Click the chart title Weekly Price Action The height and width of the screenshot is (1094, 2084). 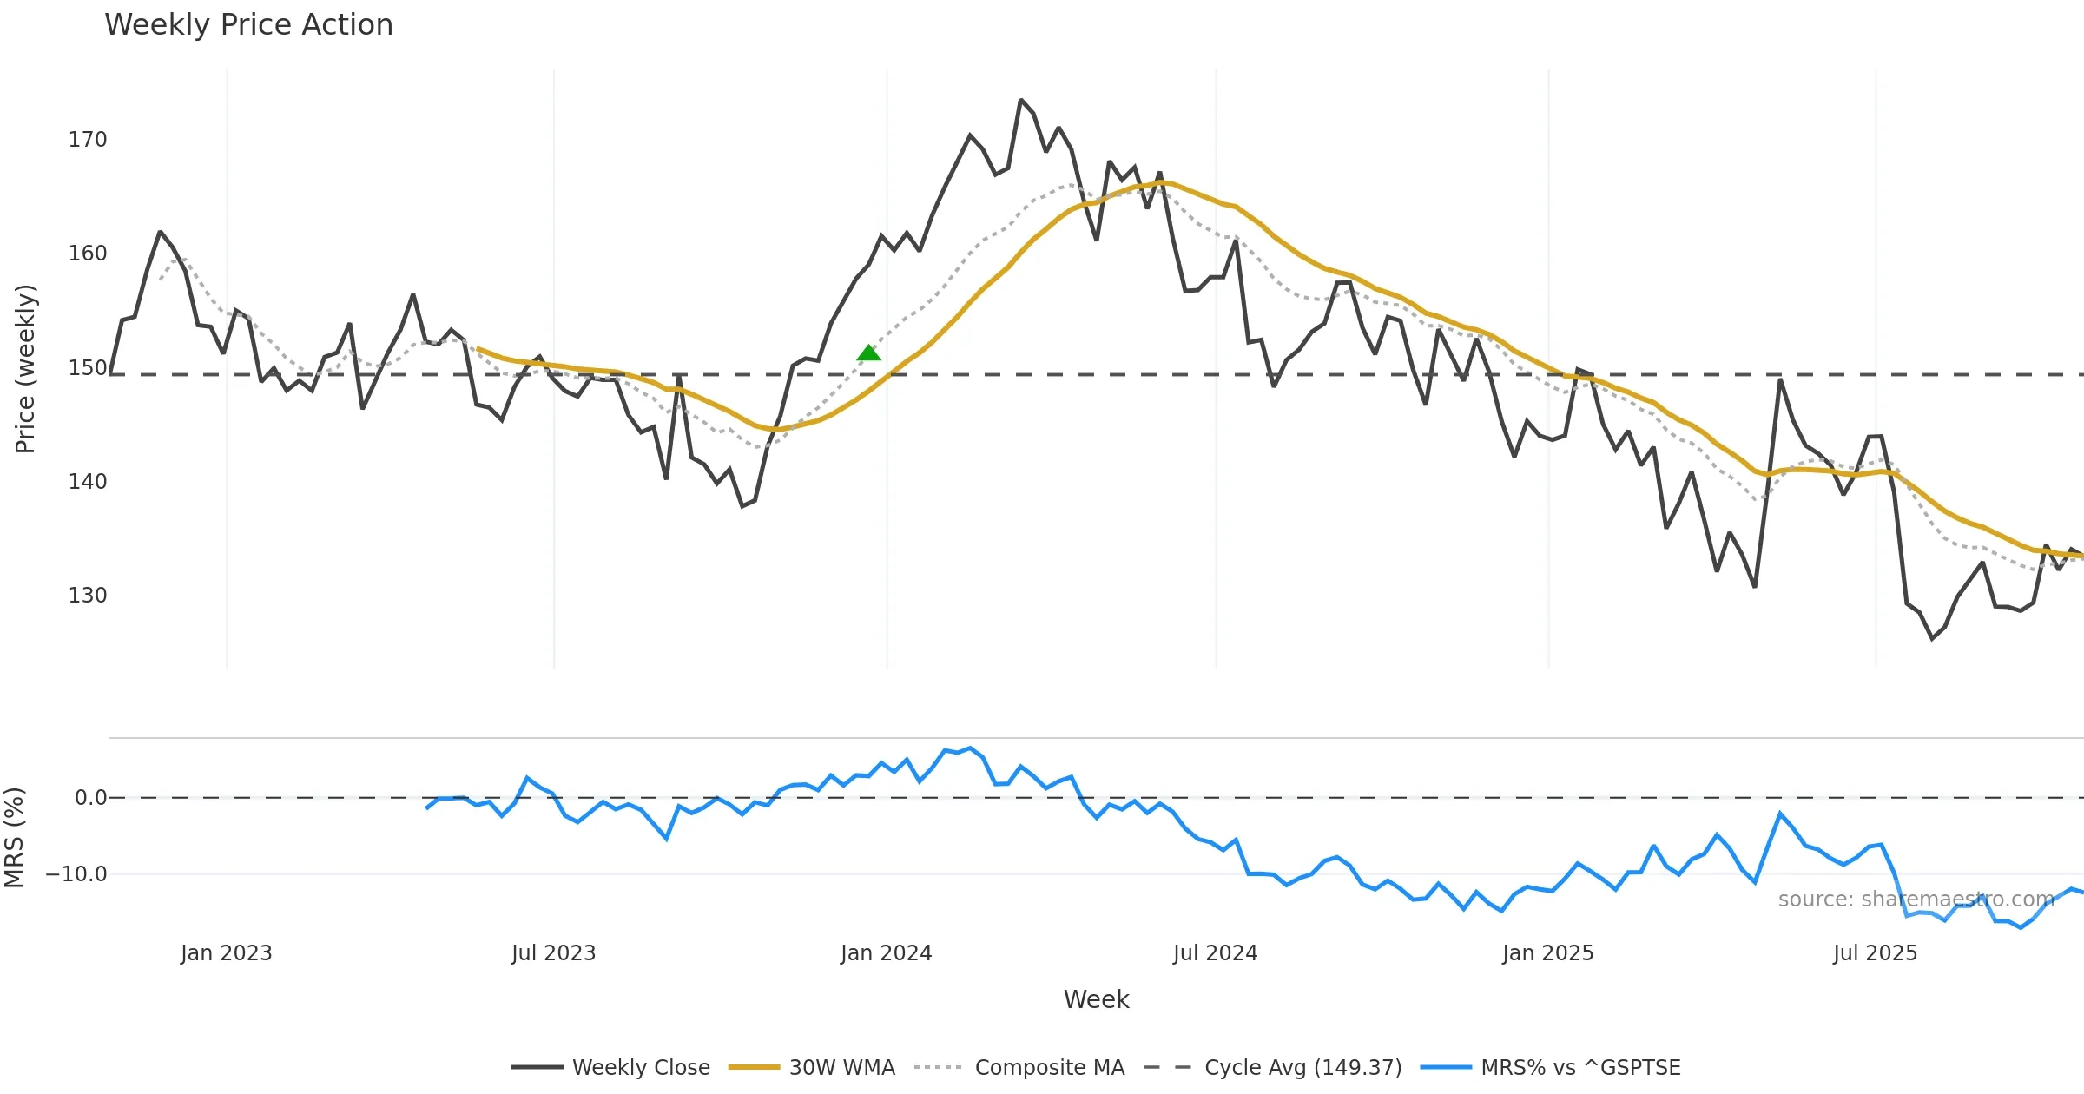pyautogui.click(x=248, y=25)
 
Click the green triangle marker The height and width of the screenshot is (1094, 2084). pyautogui.click(x=868, y=353)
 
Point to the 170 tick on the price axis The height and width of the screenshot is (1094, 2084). pyautogui.click(x=88, y=140)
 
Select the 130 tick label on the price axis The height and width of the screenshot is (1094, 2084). pyautogui.click(x=88, y=596)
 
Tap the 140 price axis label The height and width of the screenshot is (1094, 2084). pyautogui.click(x=88, y=482)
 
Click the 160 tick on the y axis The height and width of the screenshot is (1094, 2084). pyautogui.click(x=88, y=254)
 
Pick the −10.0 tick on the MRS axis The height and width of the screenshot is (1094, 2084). pyautogui.click(x=76, y=874)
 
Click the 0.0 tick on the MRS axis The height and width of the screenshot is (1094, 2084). pyautogui.click(x=90, y=798)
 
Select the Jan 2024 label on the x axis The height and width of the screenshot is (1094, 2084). pyautogui.click(x=886, y=953)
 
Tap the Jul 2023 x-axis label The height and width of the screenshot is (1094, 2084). pyautogui.click(x=554, y=953)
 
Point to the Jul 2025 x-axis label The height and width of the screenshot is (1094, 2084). pyautogui.click(x=1875, y=953)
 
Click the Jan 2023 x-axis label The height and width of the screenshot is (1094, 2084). pyautogui.click(x=227, y=953)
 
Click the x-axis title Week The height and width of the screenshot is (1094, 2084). pyautogui.click(x=1096, y=1000)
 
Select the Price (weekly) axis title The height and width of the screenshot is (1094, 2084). pyautogui.click(x=26, y=369)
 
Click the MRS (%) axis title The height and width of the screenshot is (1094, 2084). pyautogui.click(x=15, y=838)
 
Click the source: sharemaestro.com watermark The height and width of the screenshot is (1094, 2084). pyautogui.click(x=1916, y=900)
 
